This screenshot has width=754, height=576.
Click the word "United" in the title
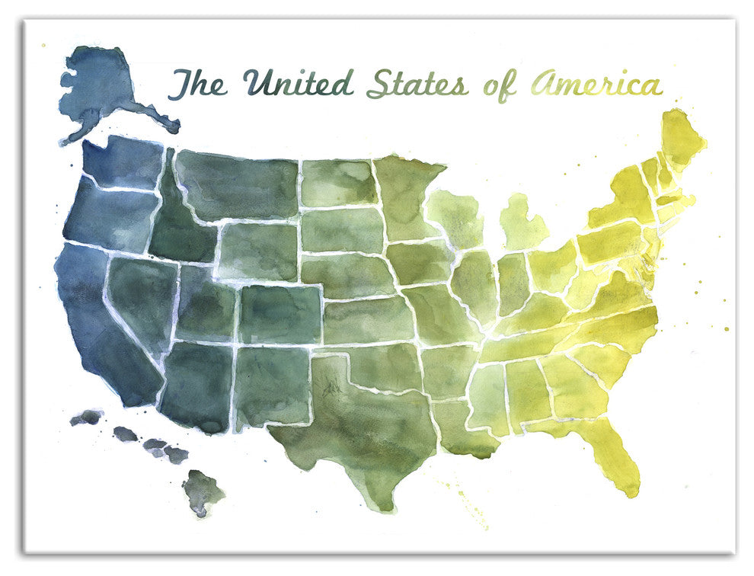point(298,82)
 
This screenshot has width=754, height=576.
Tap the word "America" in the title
point(596,84)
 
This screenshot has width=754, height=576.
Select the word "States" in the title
point(417,84)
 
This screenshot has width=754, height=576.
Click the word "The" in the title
point(197,84)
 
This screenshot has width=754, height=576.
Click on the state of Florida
point(613,450)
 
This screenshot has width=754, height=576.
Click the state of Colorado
point(282,312)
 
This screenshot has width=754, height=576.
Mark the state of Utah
point(206,305)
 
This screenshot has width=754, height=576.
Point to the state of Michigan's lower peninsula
point(522,221)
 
